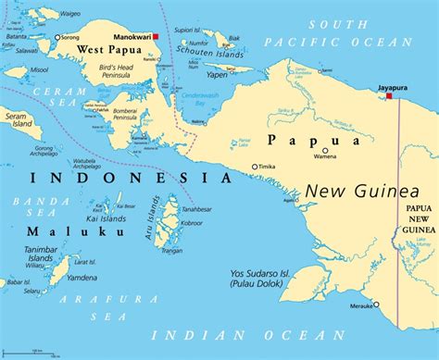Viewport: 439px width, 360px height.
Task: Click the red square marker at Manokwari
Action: tap(157, 37)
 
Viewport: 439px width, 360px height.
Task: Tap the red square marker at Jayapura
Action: tap(390, 95)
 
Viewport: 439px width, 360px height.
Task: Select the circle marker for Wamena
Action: tap(324, 151)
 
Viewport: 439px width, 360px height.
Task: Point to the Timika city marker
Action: tap(255, 168)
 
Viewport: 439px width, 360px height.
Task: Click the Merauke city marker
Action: tap(377, 304)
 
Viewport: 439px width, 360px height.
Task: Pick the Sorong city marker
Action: tap(56, 38)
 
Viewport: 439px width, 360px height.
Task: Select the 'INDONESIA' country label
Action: tap(129, 177)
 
